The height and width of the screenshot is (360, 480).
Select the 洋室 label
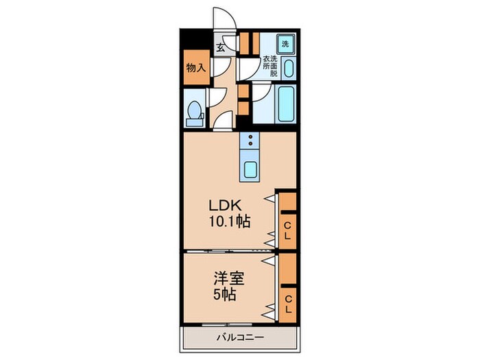228,280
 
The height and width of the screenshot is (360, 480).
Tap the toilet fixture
195,113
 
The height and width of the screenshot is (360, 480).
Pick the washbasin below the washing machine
288,69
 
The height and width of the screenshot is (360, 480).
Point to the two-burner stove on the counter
251,142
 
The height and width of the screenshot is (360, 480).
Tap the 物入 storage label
195,68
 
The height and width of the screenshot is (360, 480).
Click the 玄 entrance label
221,47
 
